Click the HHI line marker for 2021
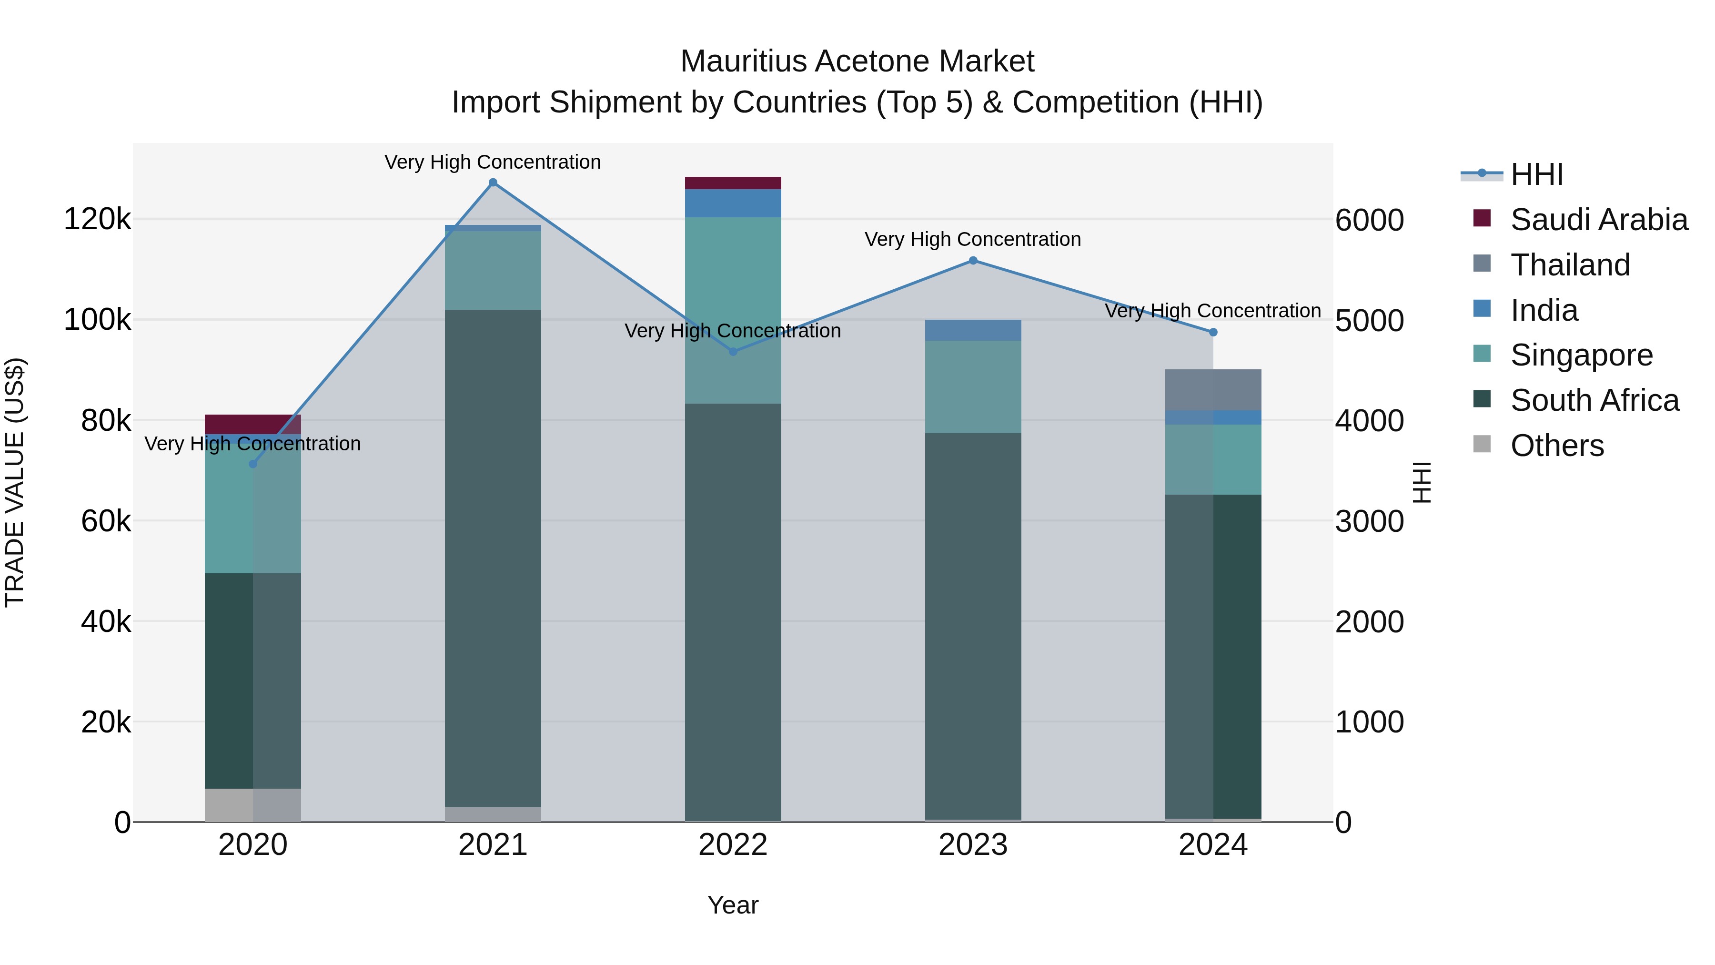pos(493,183)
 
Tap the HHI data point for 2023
pos(973,260)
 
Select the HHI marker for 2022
pos(733,352)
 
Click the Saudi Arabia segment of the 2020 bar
pos(253,424)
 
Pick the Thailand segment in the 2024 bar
pos(1213,390)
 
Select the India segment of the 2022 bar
pos(733,203)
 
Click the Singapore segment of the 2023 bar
pos(973,386)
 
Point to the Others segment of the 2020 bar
pos(253,804)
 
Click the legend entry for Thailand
pos(1570,265)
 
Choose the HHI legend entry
pos(1536,174)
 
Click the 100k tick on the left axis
pos(97,320)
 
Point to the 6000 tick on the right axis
pos(1370,221)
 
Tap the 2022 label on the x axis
pos(733,845)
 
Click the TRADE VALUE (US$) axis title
pos(15,482)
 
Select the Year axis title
pos(733,905)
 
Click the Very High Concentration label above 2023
pos(973,239)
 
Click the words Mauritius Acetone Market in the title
pos(857,61)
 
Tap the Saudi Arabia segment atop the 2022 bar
pos(733,183)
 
